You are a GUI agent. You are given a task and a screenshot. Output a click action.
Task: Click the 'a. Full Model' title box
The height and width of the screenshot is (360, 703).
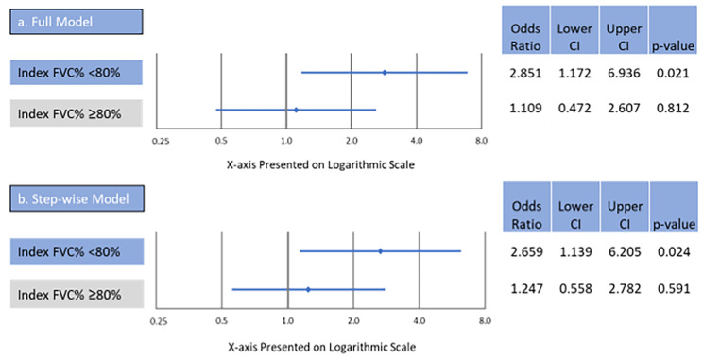(x=76, y=21)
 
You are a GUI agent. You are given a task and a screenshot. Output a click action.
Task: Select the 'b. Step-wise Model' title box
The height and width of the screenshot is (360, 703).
(x=76, y=200)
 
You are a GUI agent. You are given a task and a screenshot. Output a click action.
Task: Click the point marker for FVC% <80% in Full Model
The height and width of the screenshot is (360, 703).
(x=384, y=72)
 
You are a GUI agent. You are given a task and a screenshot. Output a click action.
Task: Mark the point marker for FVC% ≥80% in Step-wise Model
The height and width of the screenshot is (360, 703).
(x=308, y=289)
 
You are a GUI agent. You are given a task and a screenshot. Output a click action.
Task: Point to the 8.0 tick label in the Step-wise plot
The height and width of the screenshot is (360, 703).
(x=483, y=321)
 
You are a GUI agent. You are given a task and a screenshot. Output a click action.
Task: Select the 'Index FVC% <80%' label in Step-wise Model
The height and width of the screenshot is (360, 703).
(x=76, y=251)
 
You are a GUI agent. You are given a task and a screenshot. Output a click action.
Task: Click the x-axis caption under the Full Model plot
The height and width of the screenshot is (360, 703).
(x=321, y=164)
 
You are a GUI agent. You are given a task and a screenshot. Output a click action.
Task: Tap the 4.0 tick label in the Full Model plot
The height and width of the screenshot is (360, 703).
(x=417, y=141)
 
